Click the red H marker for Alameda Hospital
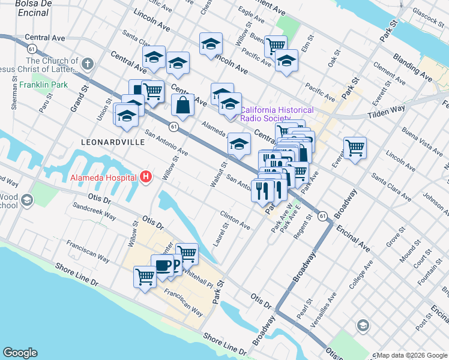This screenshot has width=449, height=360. (146, 177)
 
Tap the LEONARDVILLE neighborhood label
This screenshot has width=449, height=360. (113, 142)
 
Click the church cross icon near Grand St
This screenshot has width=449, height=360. (88, 64)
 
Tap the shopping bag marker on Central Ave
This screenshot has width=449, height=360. (182, 106)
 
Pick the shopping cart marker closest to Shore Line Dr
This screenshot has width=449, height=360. (145, 277)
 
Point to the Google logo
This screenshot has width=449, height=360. (20, 352)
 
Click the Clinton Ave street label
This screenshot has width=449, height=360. (235, 220)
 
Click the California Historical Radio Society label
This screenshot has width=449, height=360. (277, 114)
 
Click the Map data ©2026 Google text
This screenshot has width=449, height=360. (411, 355)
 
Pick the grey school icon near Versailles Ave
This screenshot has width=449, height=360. (362, 325)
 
